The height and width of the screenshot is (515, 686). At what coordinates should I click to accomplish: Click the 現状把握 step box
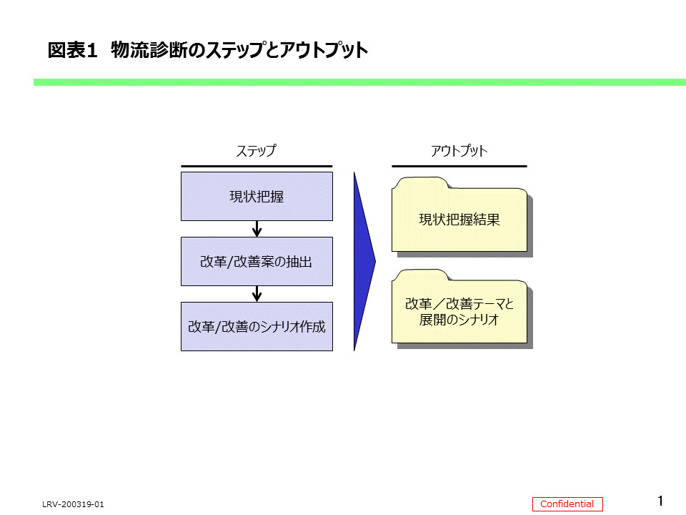(x=257, y=196)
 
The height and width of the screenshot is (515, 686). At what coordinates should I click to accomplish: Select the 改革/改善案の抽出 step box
(x=257, y=261)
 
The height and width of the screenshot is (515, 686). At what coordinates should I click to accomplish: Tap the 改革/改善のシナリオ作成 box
(x=257, y=326)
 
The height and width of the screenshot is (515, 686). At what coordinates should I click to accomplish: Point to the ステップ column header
(x=256, y=151)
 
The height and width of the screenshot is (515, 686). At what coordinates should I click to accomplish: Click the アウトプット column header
(x=459, y=151)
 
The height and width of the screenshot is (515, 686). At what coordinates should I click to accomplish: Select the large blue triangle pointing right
(x=363, y=261)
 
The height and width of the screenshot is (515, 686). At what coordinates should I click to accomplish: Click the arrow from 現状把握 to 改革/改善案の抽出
(x=257, y=229)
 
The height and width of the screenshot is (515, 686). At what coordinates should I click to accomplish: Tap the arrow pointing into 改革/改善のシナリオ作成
(x=257, y=294)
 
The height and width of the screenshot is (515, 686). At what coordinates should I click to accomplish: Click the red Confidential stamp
(x=567, y=504)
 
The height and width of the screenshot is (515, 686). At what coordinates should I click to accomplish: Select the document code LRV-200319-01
(x=73, y=505)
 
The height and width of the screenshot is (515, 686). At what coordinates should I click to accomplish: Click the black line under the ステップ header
(x=257, y=167)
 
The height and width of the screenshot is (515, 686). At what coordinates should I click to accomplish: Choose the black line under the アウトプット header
(x=459, y=167)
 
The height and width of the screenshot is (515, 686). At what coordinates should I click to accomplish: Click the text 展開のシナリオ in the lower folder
(x=459, y=320)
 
